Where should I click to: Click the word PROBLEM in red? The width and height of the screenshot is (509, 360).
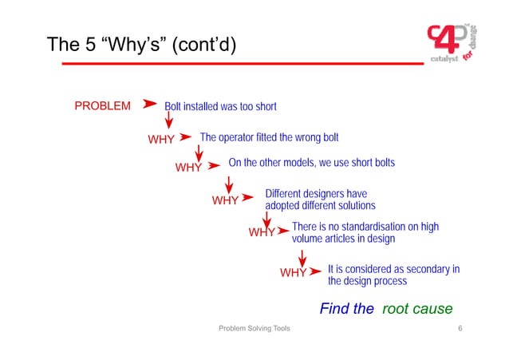coord(102,106)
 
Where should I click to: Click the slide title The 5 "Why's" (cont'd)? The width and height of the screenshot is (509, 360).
coord(142,45)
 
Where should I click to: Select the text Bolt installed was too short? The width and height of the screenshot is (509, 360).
coord(220,106)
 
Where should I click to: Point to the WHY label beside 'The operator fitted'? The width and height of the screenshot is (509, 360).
coord(161,139)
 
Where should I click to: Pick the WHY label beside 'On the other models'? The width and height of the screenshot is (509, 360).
coord(188,168)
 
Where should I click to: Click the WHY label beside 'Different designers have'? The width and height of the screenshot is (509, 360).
coord(225,200)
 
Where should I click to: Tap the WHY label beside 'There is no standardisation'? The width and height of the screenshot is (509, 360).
coord(262,233)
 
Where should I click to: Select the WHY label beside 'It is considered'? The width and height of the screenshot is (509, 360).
coord(293,273)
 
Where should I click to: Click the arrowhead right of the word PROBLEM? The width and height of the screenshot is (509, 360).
coord(149,105)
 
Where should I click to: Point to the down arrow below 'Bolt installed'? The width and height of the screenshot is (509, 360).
coord(169,121)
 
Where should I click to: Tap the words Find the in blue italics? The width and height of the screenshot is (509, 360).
coord(346,309)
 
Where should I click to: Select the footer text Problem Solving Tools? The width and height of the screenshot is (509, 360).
coord(254,330)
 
